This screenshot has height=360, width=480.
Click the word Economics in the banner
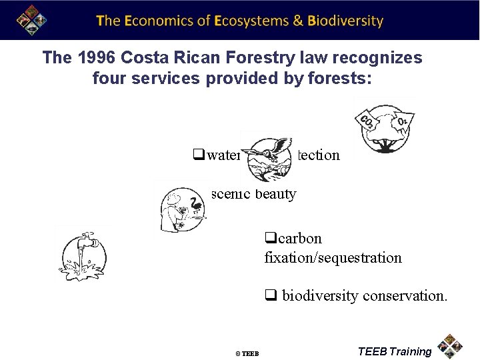(x=157, y=21)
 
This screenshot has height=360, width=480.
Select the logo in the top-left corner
(x=27, y=20)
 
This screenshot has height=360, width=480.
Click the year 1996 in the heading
(x=94, y=58)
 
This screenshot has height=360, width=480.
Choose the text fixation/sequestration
(x=333, y=257)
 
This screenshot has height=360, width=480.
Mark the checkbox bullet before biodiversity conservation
(x=270, y=295)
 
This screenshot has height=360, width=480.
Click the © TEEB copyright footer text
(x=247, y=353)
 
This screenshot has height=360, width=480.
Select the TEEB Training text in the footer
(x=395, y=351)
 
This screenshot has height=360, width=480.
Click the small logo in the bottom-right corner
(x=451, y=346)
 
